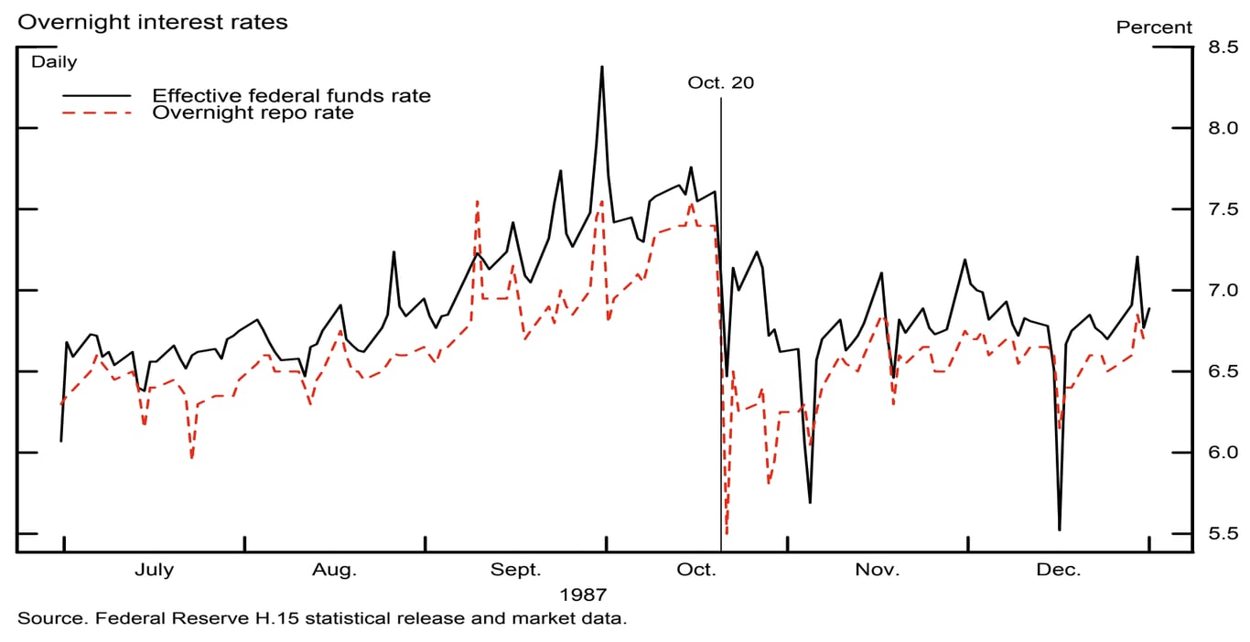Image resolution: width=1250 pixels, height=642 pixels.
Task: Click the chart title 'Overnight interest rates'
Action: pos(153,23)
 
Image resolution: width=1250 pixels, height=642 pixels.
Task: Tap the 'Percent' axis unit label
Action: pos(1154,27)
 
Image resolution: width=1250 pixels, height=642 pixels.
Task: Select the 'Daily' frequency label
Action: pos(55,63)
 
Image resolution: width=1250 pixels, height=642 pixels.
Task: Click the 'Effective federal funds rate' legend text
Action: pos(291,96)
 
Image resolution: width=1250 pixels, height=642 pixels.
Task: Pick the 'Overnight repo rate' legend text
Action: pos(253,113)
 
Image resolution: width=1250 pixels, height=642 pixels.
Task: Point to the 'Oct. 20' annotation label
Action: pos(721,83)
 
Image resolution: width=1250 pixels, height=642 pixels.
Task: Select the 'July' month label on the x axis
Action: pos(154,571)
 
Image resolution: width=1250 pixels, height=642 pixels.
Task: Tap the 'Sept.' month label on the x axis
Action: pos(516,571)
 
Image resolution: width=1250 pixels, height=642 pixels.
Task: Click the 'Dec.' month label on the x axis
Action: pos(1058,571)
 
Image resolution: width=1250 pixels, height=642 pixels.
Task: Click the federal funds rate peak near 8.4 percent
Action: pos(601,67)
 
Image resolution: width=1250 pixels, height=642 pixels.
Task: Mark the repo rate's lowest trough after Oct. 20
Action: pos(726,533)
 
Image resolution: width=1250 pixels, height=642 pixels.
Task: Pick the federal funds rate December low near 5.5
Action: pos(1060,530)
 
